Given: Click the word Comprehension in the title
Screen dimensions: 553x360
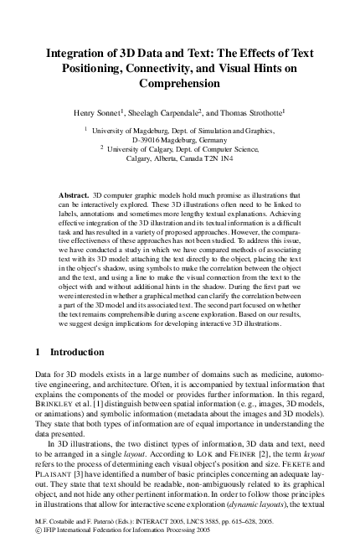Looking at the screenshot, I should (x=180, y=84).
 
